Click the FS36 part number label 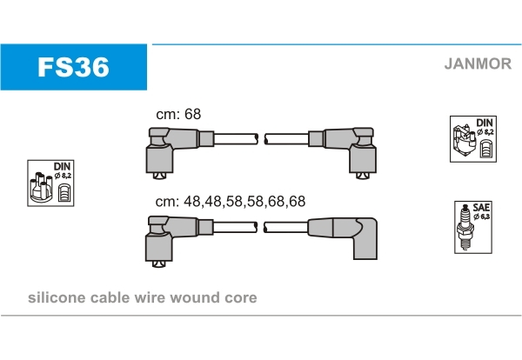coord(72,68)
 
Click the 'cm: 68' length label coord(178,115)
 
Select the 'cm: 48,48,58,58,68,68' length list coord(231,201)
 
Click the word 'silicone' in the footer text coord(56,298)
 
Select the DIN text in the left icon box coord(62,165)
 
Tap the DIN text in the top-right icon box coord(485,122)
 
